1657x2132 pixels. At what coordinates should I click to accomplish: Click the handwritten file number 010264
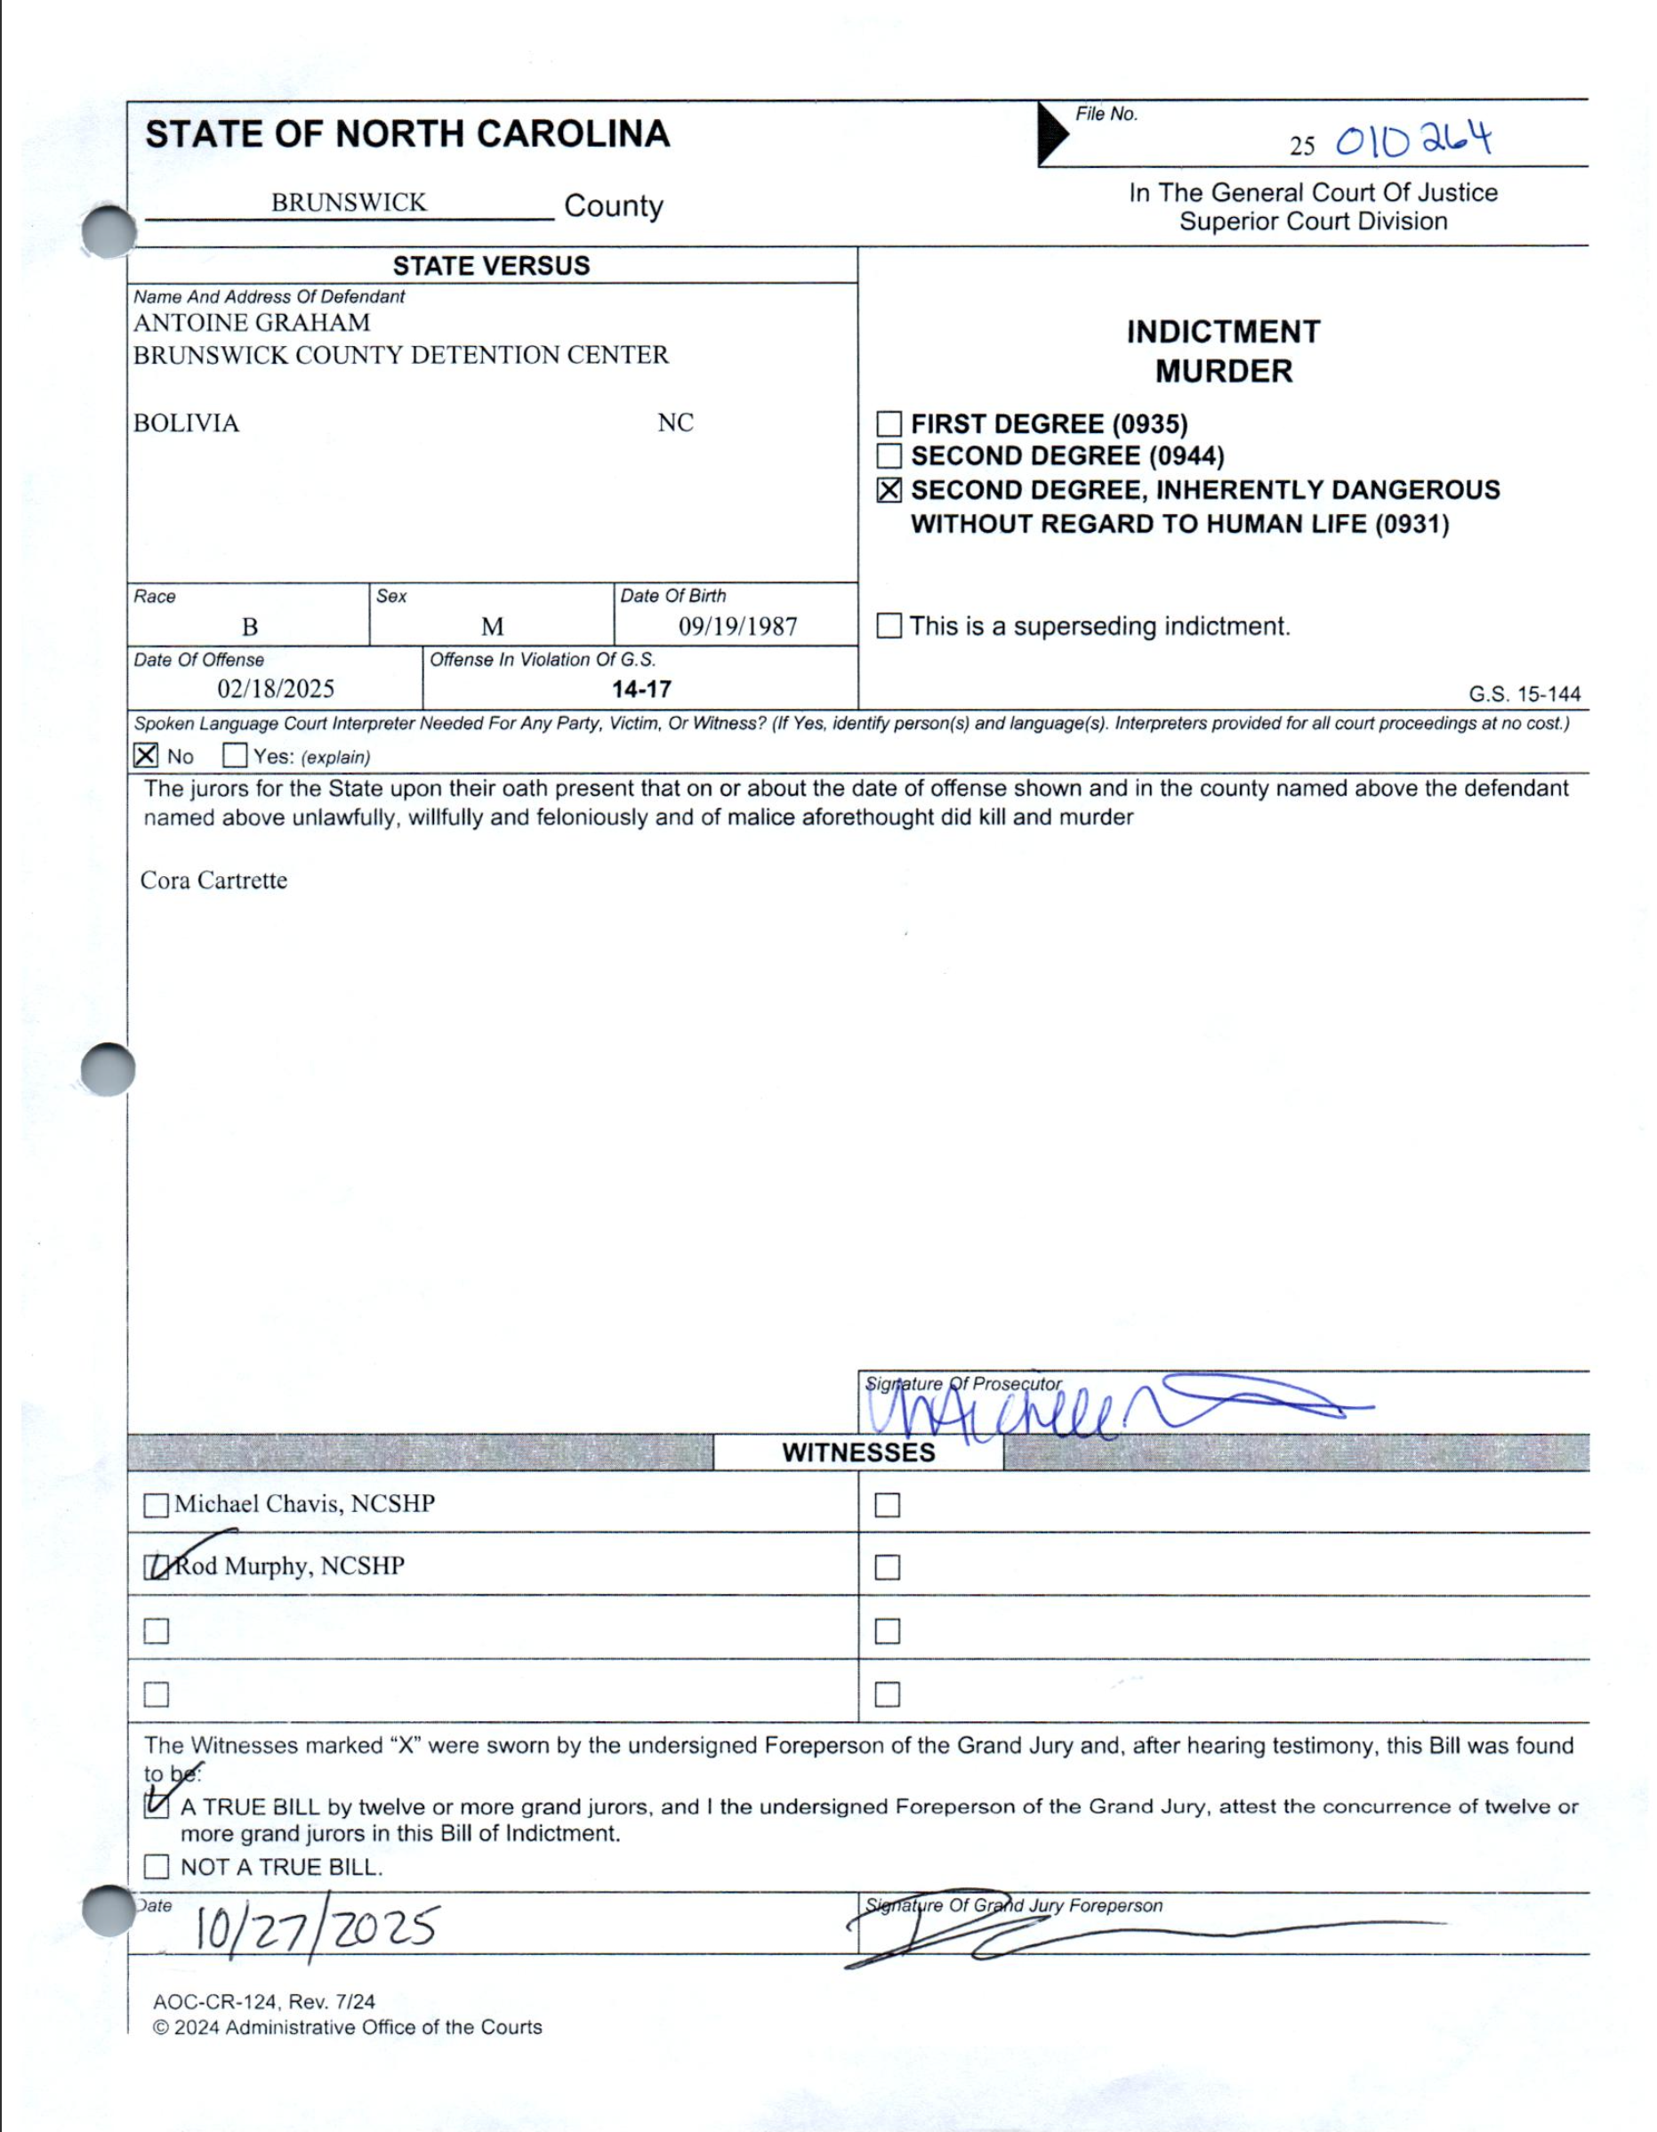point(1413,142)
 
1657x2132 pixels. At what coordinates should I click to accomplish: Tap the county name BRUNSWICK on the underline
point(349,202)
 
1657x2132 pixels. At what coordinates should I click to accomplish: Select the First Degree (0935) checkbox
point(889,423)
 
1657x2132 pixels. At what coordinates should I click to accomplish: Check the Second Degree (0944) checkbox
point(889,456)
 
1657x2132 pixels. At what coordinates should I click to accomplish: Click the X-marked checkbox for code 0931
point(889,490)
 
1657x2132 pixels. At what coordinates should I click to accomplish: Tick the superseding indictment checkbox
point(889,626)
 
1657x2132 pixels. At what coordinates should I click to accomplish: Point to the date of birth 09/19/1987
point(737,627)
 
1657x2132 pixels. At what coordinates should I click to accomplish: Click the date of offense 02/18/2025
point(276,689)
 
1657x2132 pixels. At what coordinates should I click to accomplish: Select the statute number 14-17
point(641,689)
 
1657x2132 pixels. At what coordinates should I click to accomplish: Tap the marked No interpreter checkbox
point(146,755)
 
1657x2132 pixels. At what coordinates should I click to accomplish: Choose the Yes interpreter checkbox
point(234,755)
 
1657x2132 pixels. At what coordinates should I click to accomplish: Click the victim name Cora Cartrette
point(213,881)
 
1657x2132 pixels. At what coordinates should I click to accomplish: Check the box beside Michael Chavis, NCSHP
point(157,1505)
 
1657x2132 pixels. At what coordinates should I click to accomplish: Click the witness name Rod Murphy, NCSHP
point(289,1565)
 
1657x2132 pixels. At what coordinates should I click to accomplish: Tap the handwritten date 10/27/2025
point(314,1928)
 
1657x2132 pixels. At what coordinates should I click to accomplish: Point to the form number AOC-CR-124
point(216,2001)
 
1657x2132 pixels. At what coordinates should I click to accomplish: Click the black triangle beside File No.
point(1050,133)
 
